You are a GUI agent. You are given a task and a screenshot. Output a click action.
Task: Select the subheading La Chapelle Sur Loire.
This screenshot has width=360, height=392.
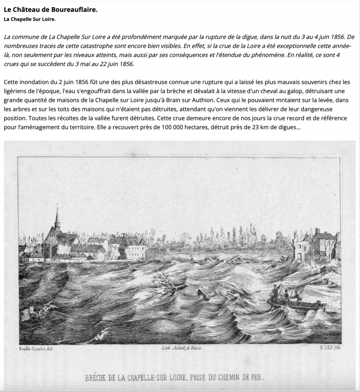coord(30,20)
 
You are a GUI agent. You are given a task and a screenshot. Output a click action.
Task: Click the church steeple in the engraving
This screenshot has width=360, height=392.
coord(57,220)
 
